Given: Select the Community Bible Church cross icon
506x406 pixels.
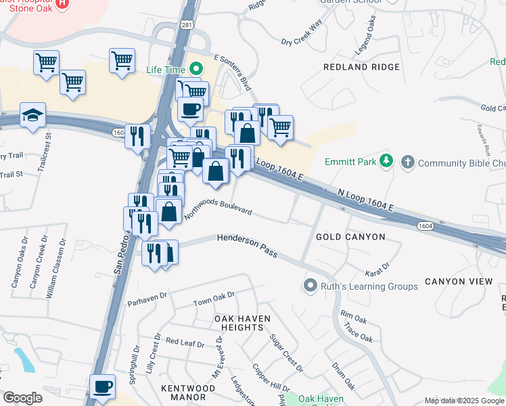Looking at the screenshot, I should coord(407,162).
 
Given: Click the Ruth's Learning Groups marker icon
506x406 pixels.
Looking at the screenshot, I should coord(310,286).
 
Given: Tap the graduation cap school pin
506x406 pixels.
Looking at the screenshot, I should coord(32,115).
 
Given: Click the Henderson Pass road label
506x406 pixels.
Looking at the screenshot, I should coord(247,246).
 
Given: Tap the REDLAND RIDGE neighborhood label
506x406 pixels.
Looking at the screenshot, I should coord(361,67).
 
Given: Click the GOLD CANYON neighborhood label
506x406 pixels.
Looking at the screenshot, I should coord(350,237).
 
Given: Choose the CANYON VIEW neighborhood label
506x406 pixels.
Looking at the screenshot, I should coord(454,281).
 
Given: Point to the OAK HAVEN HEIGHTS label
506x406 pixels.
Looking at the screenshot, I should coord(242,323).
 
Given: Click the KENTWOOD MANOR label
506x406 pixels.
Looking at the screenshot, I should coord(188,392).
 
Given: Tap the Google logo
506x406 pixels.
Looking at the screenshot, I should coord(22,398).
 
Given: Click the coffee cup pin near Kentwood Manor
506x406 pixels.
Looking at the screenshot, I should coord(103,386).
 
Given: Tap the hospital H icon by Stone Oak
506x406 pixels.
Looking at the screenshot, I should coord(62,3).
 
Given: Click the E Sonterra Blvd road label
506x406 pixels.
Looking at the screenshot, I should coord(231,73).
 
